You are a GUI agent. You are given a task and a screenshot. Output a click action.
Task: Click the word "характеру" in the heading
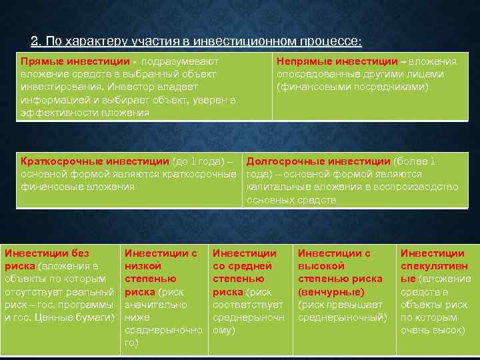(93, 41)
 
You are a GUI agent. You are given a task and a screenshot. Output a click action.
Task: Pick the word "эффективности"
(58, 112)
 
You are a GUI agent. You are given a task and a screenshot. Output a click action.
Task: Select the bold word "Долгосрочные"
(279, 161)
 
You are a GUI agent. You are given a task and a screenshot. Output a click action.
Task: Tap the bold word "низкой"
(143, 266)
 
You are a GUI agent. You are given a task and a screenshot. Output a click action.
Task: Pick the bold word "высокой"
(319, 266)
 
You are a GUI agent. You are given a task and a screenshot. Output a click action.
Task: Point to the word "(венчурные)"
(331, 291)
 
